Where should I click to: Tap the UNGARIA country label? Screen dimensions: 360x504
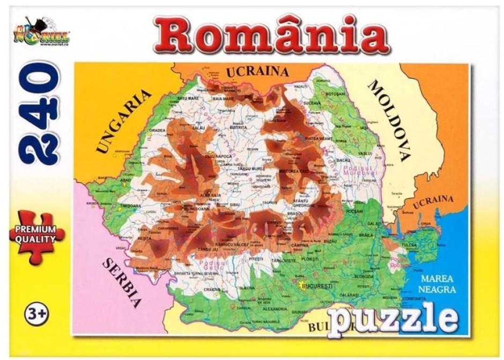coord(124,121)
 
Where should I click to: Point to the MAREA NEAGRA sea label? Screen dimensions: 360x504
coord(438,284)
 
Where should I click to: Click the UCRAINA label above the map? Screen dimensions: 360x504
coord(257,72)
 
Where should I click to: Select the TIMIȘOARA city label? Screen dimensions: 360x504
coord(131,206)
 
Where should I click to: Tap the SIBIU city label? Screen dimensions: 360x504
coord(235,204)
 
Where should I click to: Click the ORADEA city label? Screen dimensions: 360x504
coord(157,130)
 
